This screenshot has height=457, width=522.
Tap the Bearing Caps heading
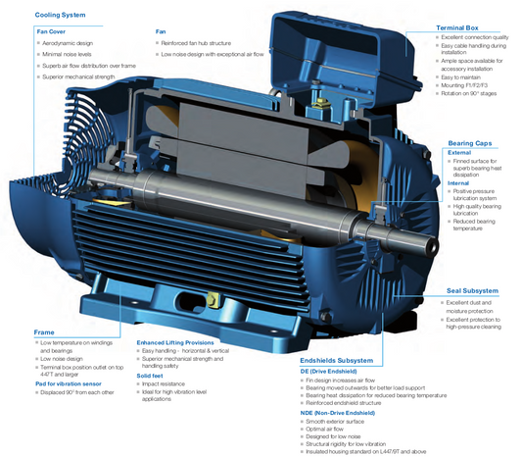(474, 143)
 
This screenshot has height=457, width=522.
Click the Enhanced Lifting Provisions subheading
(182, 340)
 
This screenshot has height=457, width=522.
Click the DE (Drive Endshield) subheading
(338, 371)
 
